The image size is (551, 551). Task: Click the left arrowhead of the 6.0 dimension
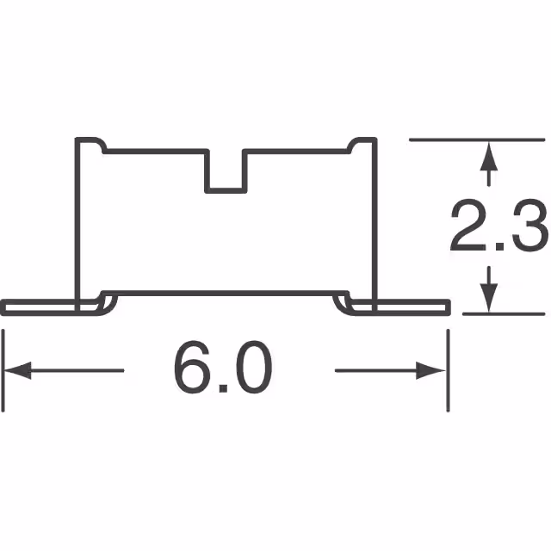coord(17,371)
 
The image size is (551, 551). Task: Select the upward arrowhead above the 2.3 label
coord(489,157)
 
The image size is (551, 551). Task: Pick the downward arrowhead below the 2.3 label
coord(489,298)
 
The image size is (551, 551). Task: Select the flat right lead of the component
coord(413,306)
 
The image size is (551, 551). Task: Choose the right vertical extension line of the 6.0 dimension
coord(448,362)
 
